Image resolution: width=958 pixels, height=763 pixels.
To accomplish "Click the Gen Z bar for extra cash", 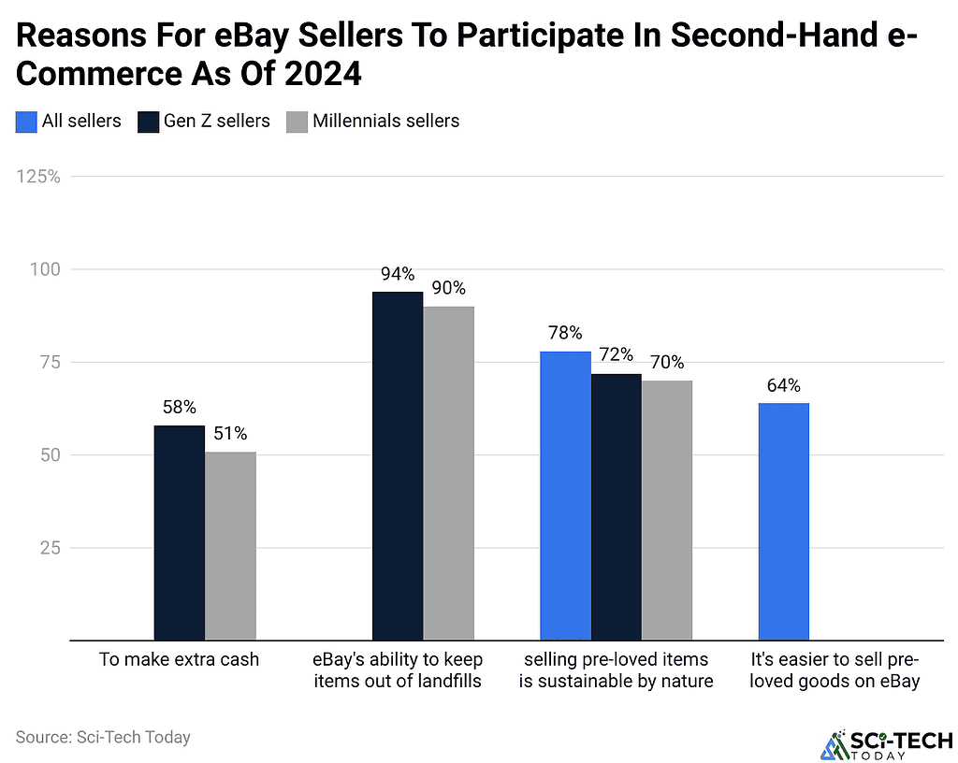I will coord(179,533).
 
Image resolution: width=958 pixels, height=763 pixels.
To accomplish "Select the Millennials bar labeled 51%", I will coord(230,546).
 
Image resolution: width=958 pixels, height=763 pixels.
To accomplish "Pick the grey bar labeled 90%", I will coord(449,473).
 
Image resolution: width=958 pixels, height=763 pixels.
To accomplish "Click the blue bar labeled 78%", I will coord(565,496).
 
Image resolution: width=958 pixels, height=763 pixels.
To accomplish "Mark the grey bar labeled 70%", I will coord(667,511).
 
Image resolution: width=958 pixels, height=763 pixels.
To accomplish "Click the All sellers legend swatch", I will coord(26,121).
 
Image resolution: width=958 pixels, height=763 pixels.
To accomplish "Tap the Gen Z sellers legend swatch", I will coord(149,121).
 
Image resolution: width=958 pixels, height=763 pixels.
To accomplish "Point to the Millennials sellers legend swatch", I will coord(297,121).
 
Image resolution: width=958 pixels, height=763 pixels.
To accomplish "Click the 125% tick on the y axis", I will coord(37,176).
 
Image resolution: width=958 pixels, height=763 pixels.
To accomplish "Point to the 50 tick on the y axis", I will coord(50,455).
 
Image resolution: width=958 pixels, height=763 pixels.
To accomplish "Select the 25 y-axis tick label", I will coord(50,548).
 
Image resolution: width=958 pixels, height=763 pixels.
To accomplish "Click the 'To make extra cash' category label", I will coord(179,659).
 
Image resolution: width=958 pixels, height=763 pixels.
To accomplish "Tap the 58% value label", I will coord(179,408).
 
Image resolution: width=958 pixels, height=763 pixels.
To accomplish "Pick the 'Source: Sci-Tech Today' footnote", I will coord(103,737).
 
